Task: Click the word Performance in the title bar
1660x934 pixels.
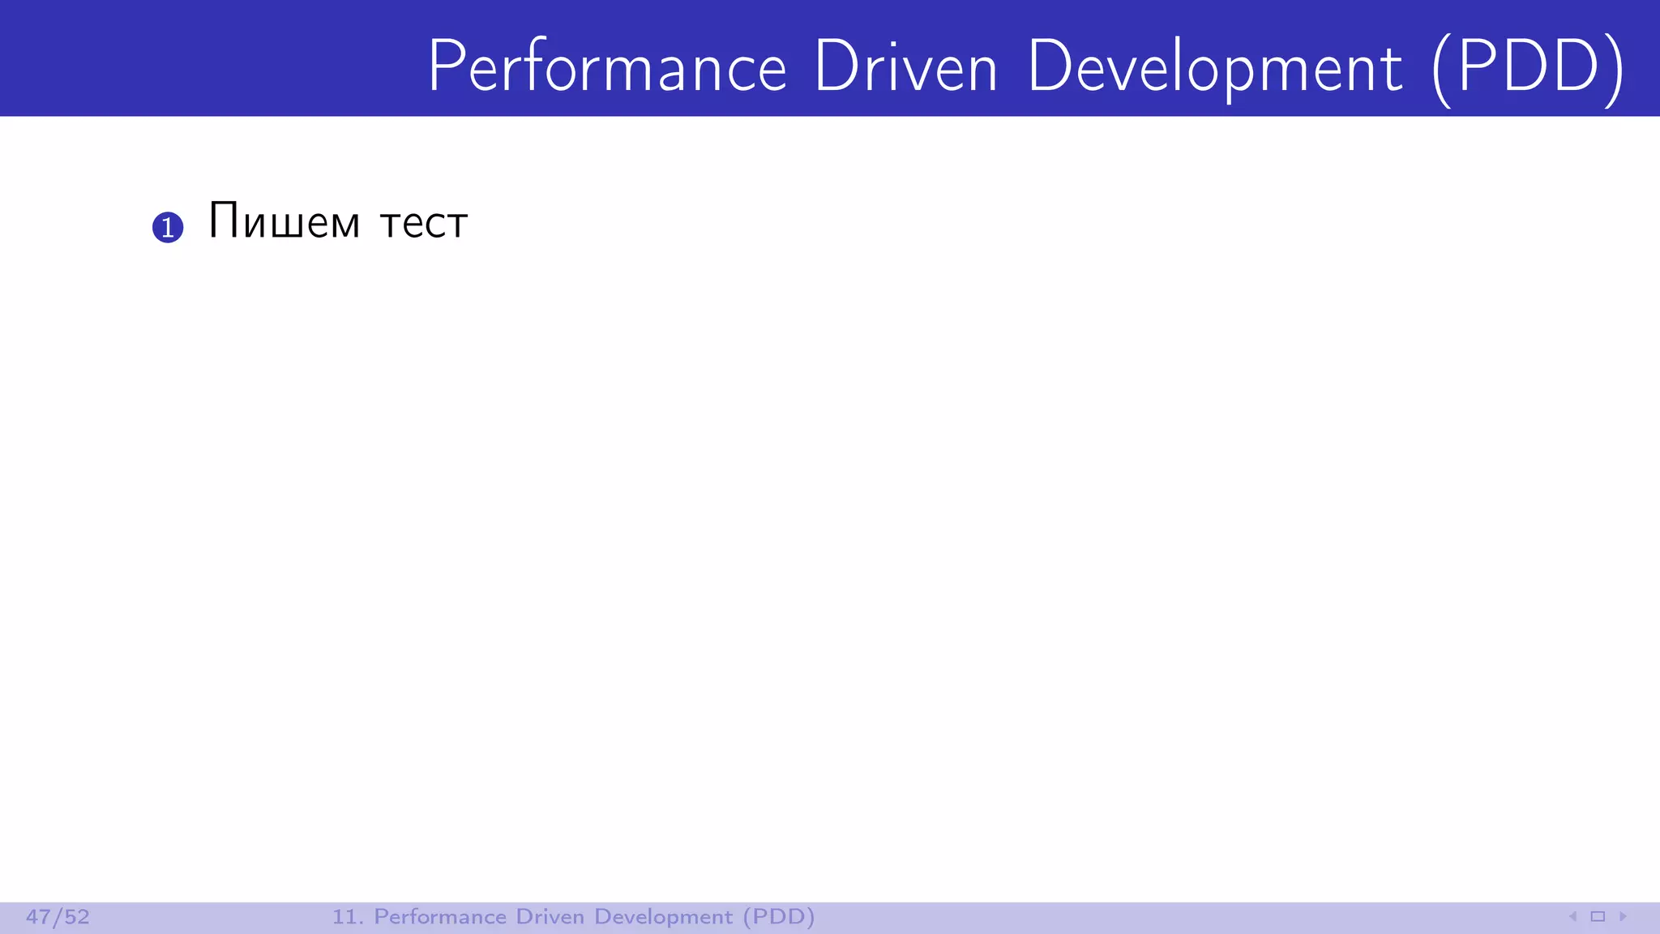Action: coord(607,66)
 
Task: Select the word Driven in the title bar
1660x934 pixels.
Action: coord(905,66)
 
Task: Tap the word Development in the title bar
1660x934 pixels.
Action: coord(1214,68)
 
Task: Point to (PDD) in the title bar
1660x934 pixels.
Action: coord(1528,68)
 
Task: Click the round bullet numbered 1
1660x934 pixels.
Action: coord(168,227)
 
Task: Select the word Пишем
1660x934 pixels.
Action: coord(284,221)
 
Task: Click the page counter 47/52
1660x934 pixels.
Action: coord(58,917)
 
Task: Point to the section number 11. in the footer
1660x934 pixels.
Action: coord(347,917)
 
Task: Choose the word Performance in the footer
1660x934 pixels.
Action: coord(439,917)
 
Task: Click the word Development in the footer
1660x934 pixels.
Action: coord(663,917)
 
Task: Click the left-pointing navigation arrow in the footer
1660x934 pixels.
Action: coord(1572,917)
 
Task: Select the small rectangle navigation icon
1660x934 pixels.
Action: coord(1598,917)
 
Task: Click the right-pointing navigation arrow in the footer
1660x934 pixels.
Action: coord(1623,917)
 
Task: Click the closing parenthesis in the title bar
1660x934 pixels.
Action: coord(1615,70)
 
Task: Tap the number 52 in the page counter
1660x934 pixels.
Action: coord(77,917)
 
